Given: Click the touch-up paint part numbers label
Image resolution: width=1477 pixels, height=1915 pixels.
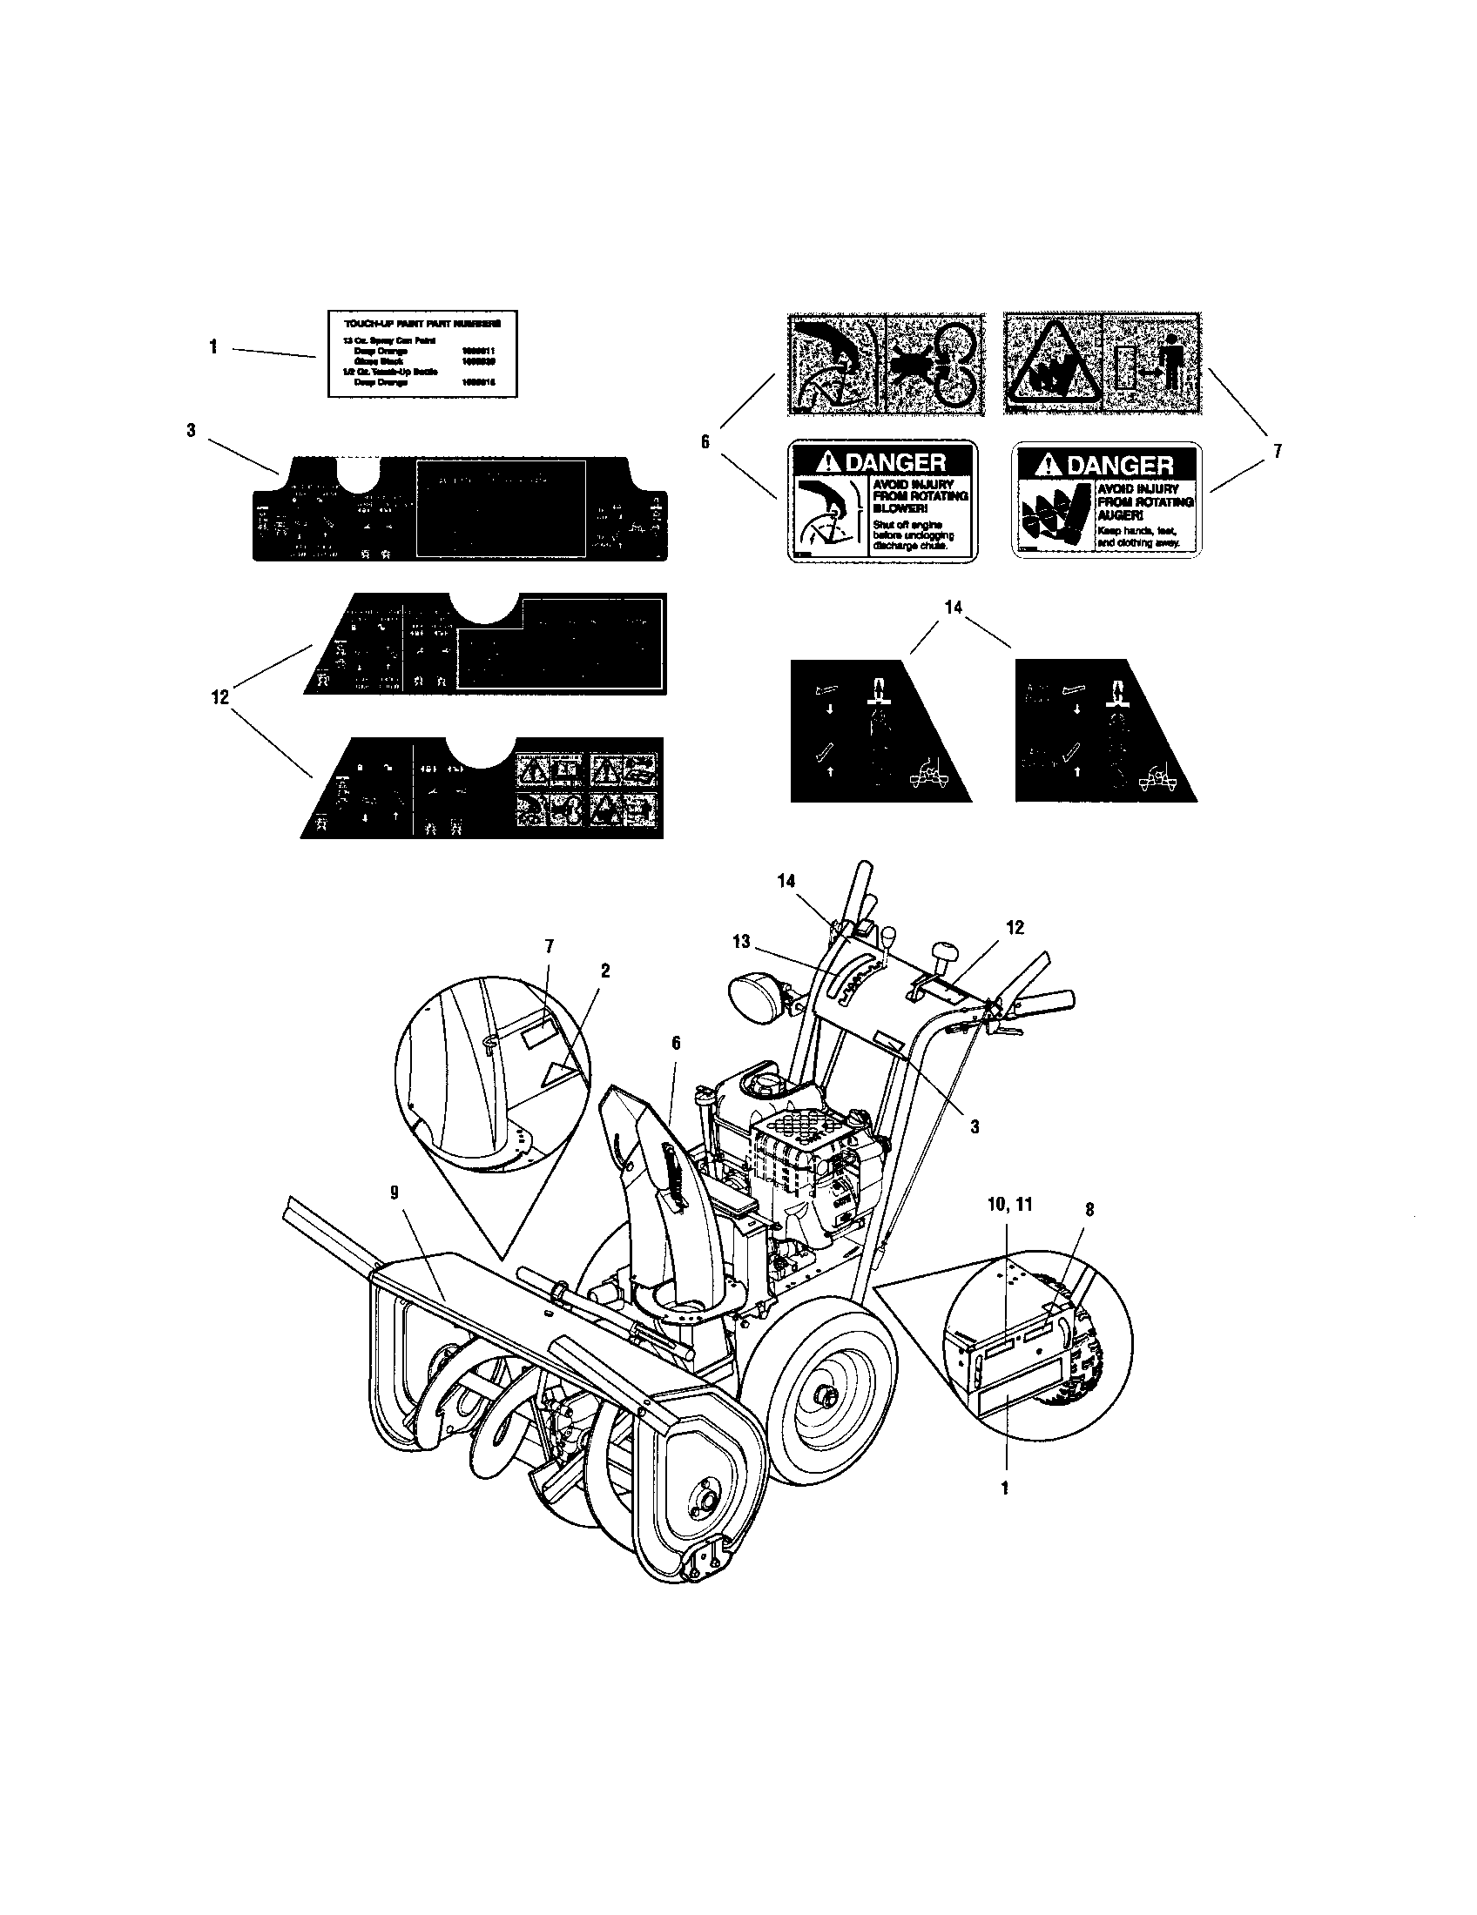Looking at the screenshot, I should (x=422, y=353).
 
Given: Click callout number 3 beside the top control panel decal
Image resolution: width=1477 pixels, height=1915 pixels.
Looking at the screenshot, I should (x=192, y=431).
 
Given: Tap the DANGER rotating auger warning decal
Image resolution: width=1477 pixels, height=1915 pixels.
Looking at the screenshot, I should (x=1107, y=501).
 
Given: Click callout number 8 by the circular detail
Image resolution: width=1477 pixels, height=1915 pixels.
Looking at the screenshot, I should (x=1089, y=1209).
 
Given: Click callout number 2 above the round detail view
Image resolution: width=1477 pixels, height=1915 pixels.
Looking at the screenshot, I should (x=604, y=970).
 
